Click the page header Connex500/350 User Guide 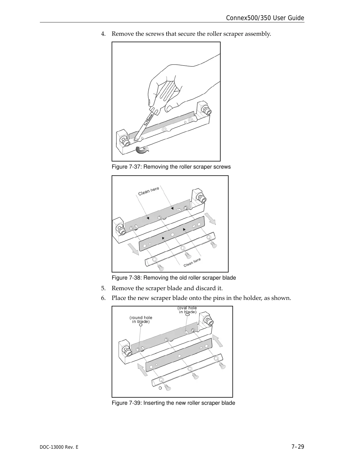(265, 18)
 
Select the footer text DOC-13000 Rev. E (59, 447)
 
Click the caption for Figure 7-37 (171, 167)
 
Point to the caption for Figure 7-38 (174, 278)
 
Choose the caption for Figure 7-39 (173, 403)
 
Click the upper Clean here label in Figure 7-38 (149, 191)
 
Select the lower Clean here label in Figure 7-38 (192, 262)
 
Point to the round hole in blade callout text (141, 319)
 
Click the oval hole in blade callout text (187, 310)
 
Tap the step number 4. (103, 34)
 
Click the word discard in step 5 (204, 288)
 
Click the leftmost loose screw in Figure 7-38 (161, 268)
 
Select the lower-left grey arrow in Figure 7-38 (133, 249)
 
